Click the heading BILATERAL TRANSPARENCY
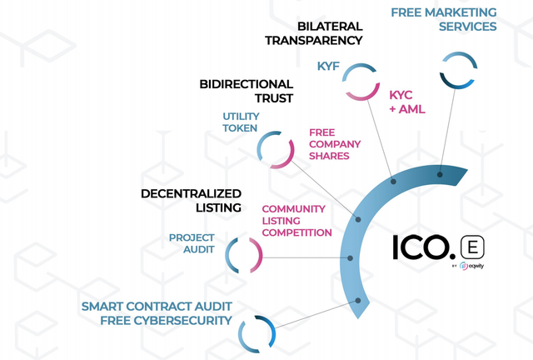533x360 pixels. pos(314,32)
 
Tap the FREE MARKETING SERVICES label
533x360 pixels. pos(444,19)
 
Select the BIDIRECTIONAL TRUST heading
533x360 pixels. pos(247,91)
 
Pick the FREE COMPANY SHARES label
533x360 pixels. pos(328,143)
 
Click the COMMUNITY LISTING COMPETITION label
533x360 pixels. pos(297,221)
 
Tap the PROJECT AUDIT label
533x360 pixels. pos(192,242)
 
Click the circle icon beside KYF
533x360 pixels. pos(362,82)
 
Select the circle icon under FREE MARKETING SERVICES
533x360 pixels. pos(457,71)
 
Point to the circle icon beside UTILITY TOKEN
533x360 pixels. pos(276,151)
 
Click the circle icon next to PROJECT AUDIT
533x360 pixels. pos(243,256)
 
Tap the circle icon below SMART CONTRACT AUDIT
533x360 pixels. pos(257,334)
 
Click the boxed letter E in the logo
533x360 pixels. pos(473,247)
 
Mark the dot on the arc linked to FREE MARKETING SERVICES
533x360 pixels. pos(440,174)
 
